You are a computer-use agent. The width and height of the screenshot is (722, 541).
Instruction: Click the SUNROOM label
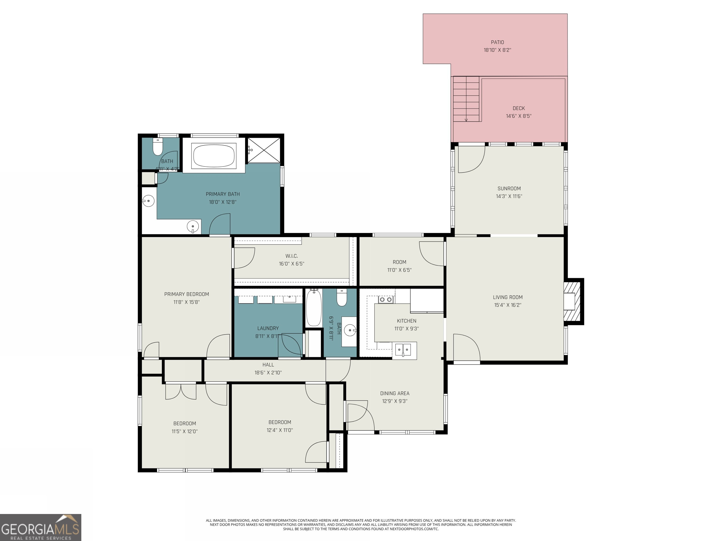coord(509,189)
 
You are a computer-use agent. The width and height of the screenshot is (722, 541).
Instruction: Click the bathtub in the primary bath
coord(214,155)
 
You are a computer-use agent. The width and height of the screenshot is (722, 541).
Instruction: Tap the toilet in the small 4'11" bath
coord(158,147)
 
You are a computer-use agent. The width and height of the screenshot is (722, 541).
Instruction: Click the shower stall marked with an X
coord(263,150)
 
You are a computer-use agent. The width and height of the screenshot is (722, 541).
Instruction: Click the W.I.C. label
coord(291,256)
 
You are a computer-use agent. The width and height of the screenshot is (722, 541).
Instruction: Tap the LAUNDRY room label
coord(268,328)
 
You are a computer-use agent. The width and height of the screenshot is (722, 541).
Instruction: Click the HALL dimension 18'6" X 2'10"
coord(268,372)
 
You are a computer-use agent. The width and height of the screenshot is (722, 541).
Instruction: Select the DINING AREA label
coord(395,393)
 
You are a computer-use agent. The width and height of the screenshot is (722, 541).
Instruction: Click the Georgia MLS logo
coord(40,528)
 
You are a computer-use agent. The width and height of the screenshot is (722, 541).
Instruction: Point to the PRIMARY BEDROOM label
coord(186,294)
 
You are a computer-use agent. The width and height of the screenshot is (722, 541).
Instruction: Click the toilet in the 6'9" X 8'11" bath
coord(342,298)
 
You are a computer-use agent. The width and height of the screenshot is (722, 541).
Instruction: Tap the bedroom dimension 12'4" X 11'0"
coord(279,430)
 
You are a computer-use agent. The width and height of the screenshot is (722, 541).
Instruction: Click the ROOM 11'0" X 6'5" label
coord(399,262)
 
